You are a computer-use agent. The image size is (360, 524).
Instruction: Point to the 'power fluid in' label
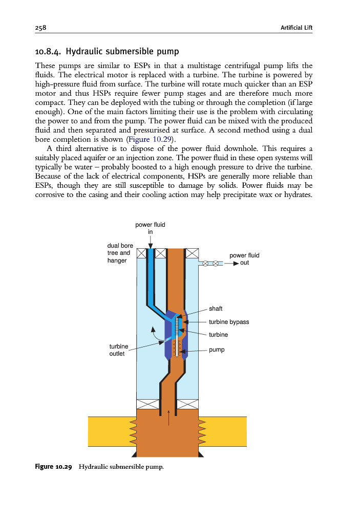150,228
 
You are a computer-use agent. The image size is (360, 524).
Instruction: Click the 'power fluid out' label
244,259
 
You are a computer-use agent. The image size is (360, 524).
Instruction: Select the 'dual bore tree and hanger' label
120,253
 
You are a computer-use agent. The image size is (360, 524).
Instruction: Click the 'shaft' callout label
216,309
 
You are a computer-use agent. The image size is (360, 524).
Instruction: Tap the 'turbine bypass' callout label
229,322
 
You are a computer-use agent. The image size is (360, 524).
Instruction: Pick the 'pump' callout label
217,350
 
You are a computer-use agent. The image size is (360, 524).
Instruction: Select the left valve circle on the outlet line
205,264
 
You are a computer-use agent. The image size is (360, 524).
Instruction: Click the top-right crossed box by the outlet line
192,253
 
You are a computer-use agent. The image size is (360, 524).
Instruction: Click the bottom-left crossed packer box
143,404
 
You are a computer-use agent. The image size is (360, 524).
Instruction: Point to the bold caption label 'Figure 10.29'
53,467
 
